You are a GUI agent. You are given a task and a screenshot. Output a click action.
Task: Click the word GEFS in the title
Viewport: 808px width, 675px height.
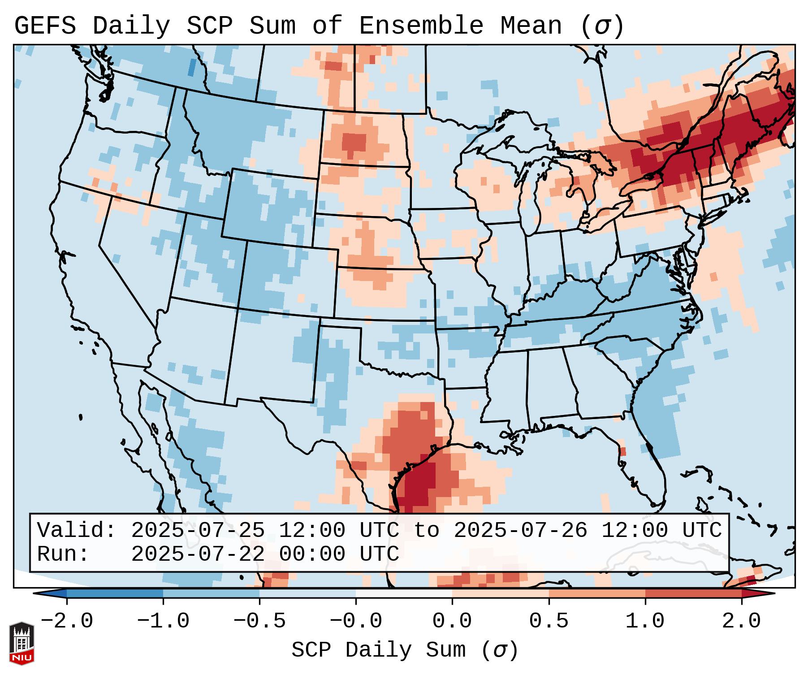[x=45, y=26]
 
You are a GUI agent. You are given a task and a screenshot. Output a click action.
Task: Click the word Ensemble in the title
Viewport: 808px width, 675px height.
[x=421, y=26]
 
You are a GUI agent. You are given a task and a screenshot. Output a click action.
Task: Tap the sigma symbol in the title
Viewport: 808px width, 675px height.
[x=601, y=26]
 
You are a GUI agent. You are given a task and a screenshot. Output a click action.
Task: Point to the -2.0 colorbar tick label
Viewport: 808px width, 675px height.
[x=67, y=622]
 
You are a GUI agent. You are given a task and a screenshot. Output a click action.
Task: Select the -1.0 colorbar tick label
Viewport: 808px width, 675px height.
[x=163, y=622]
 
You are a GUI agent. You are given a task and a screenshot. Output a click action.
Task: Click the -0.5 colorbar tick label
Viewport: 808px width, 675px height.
[x=259, y=622]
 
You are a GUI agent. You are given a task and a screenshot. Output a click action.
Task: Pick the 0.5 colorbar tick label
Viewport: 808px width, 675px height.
[x=549, y=622]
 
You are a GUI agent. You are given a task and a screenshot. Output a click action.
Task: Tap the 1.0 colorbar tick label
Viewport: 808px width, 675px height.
[x=645, y=622]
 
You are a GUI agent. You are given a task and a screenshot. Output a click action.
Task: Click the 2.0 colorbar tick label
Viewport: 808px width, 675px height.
[x=741, y=622]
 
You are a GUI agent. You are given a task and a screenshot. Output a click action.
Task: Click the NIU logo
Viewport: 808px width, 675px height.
[x=22, y=643]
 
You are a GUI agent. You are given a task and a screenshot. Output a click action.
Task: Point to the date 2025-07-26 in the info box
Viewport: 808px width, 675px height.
[x=520, y=531]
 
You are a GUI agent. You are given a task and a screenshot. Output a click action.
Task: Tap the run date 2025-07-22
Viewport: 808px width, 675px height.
[x=198, y=554]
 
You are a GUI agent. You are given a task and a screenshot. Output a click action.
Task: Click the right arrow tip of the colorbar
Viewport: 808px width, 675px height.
[x=773, y=594]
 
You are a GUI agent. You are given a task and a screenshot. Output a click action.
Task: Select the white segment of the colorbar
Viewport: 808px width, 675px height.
[x=404, y=594]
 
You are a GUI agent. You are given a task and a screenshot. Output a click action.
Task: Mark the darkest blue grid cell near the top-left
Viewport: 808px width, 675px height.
[x=191, y=68]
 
